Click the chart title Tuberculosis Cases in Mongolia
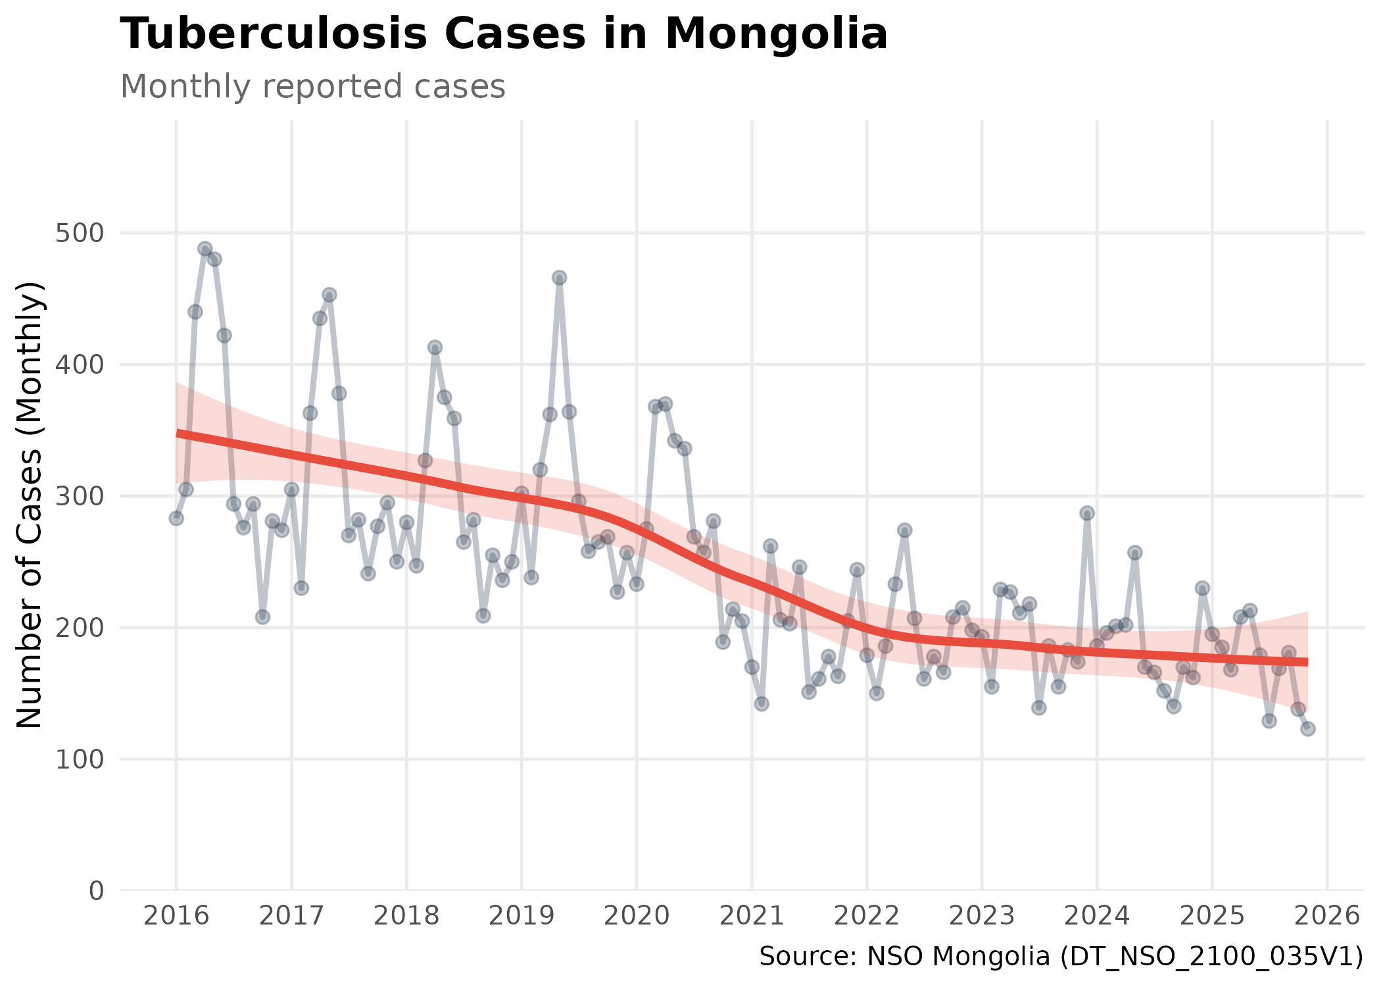pyautogui.click(x=504, y=34)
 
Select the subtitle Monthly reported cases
pyautogui.click(x=312, y=87)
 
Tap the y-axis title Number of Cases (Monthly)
pyautogui.click(x=30, y=505)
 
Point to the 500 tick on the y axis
pyautogui.click(x=80, y=234)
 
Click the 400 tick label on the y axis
pyautogui.click(x=80, y=365)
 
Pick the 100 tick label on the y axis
pyautogui.click(x=80, y=760)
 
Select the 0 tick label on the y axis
pyautogui.click(x=96, y=892)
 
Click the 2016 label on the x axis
pyautogui.click(x=176, y=916)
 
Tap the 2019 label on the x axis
pyautogui.click(x=521, y=916)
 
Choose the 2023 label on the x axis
pyautogui.click(x=982, y=916)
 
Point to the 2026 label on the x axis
pyautogui.click(x=1327, y=916)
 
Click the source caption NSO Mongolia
pyautogui.click(x=1061, y=957)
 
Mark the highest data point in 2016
pyautogui.click(x=205, y=249)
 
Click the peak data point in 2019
pyautogui.click(x=559, y=278)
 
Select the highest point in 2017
pyautogui.click(x=329, y=295)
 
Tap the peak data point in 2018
pyautogui.click(x=435, y=347)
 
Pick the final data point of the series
pyautogui.click(x=1308, y=728)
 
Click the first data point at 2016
pyautogui.click(x=176, y=519)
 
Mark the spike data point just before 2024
pyautogui.click(x=1087, y=513)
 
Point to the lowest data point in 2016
pyautogui.click(x=262, y=617)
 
